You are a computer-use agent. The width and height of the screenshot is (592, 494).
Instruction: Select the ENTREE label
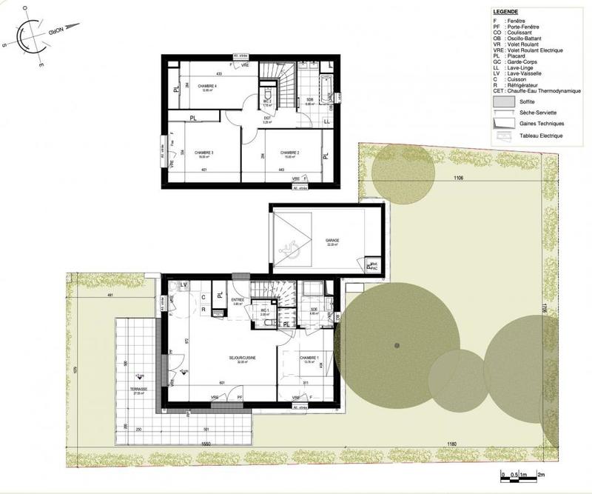[238, 301]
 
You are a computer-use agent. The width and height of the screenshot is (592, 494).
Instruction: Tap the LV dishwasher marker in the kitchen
[184, 285]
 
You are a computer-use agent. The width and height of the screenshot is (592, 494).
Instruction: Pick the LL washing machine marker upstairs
[326, 121]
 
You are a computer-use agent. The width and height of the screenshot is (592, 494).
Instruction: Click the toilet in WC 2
[267, 94]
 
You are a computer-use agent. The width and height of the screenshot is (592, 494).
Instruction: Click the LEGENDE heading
[505, 13]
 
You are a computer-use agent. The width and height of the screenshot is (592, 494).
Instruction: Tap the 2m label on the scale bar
[540, 474]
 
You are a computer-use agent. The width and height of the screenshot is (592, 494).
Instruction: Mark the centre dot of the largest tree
[397, 346]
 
